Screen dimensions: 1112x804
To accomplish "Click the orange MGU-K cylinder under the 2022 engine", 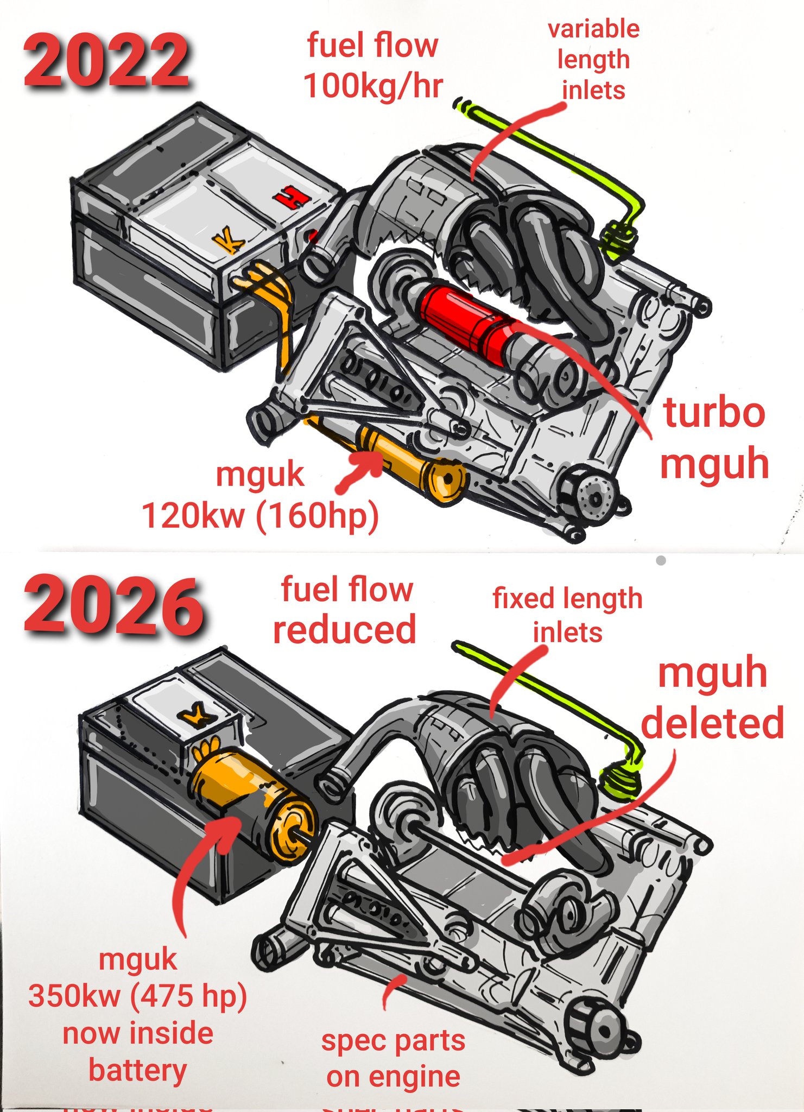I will click(413, 462).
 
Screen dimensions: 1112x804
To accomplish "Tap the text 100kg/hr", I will click(373, 86).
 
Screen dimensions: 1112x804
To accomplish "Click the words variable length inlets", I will click(594, 60).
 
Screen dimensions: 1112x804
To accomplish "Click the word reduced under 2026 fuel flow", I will click(344, 630).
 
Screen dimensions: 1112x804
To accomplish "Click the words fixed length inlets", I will click(567, 615).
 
